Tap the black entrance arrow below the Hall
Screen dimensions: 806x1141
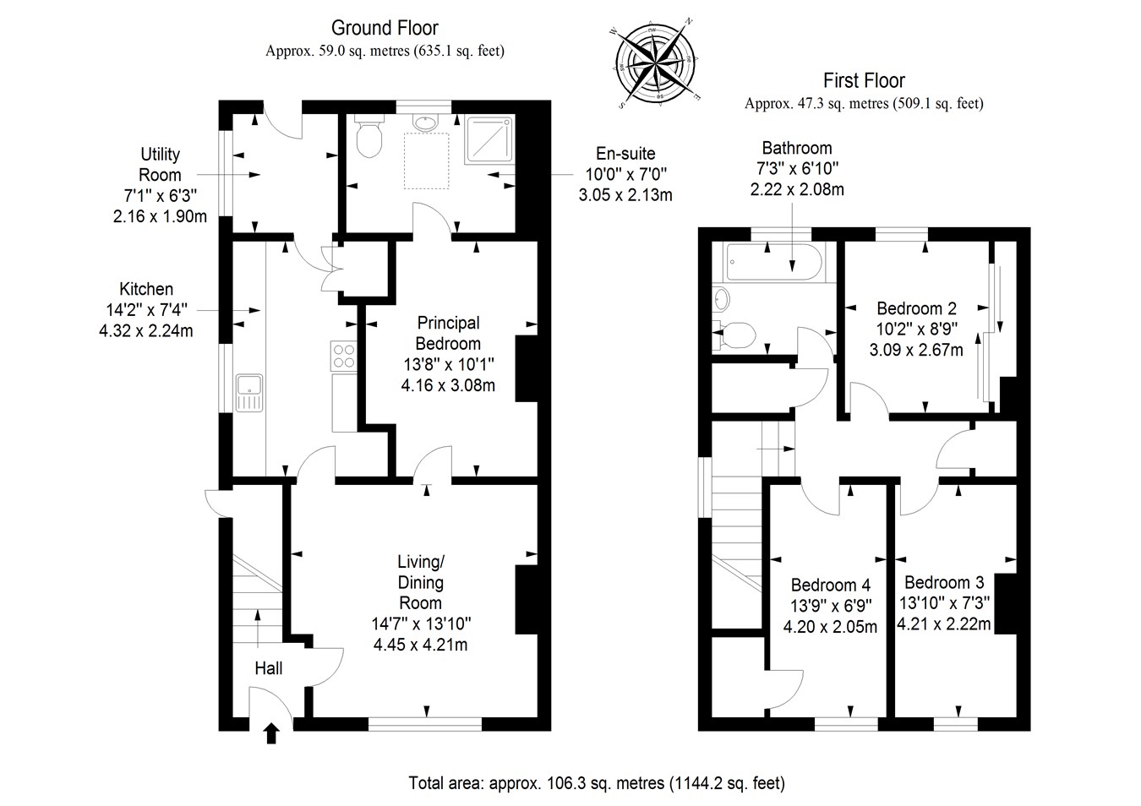[x=270, y=732]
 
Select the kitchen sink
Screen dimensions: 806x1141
[x=250, y=394]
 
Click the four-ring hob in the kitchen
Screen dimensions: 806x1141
[x=344, y=355]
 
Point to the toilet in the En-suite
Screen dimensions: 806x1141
[x=369, y=139]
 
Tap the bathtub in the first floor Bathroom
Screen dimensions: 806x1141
[x=767, y=264]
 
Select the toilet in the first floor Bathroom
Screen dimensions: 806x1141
[x=736, y=335]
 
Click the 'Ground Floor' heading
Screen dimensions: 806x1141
[x=385, y=29]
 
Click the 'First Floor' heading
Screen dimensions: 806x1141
[x=864, y=81]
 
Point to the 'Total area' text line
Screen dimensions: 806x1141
[x=596, y=783]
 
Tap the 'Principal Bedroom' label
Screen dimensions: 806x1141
[x=448, y=333]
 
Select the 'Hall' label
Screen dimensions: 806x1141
[x=269, y=668]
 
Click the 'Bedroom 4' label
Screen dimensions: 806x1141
[x=830, y=585]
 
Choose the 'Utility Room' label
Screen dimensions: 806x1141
[x=160, y=164]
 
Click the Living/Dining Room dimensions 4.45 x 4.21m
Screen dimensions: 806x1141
[x=420, y=645]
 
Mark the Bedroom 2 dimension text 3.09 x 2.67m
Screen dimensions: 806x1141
[x=916, y=350]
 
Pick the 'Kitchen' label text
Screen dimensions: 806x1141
[x=146, y=289]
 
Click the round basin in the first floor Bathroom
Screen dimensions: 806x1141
[x=721, y=298]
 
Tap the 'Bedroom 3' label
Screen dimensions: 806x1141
[x=944, y=582]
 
